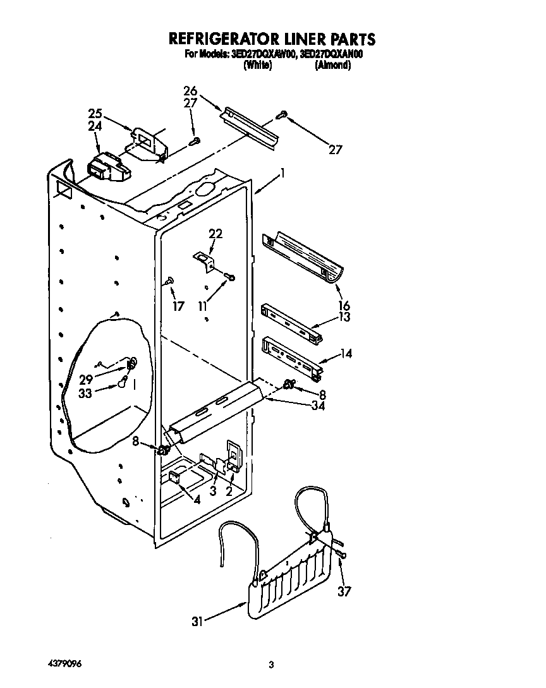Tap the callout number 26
click(x=190, y=90)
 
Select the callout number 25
click(x=95, y=114)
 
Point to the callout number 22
click(x=215, y=234)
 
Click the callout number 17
click(x=179, y=306)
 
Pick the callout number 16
click(x=344, y=306)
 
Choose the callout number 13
click(x=344, y=317)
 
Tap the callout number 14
click(x=346, y=354)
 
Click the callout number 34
click(x=318, y=406)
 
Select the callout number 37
click(x=344, y=592)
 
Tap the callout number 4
click(x=197, y=499)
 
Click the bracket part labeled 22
click(x=203, y=260)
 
